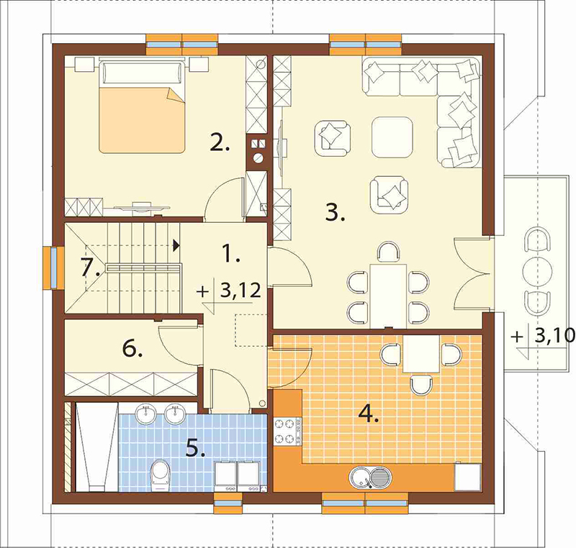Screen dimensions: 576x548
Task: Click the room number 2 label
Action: (220, 143)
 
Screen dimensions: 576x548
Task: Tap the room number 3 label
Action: (335, 212)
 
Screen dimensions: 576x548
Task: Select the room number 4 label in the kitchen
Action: (369, 414)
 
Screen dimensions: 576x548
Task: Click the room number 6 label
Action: (132, 349)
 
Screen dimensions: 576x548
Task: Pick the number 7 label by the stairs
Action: (90, 267)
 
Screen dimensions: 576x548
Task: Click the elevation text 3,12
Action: (240, 291)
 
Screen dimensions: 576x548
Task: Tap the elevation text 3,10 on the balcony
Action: (554, 335)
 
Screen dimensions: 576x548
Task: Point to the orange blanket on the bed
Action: (141, 120)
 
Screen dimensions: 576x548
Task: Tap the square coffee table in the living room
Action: (392, 137)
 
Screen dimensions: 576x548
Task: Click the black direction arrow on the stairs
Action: (176, 245)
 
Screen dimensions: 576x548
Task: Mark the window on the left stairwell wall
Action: (50, 268)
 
